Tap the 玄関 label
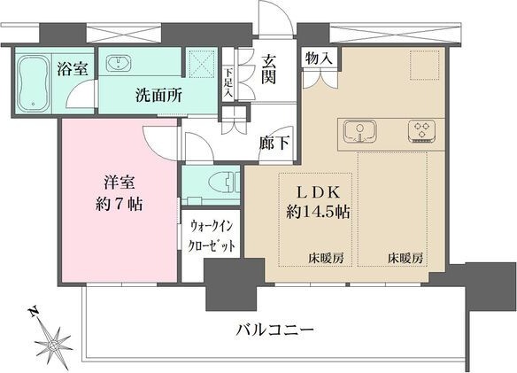click(x=269, y=73)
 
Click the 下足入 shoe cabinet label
click(x=228, y=83)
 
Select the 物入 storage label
click(x=320, y=58)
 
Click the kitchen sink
click(x=360, y=132)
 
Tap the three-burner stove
click(x=421, y=132)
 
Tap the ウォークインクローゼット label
click(x=211, y=237)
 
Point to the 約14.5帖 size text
click(x=320, y=213)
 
